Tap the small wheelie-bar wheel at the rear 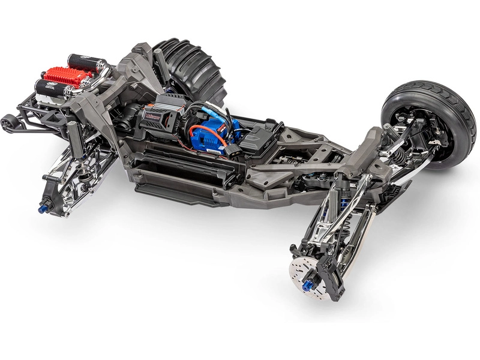8,123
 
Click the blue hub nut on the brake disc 308,283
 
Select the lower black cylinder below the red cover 51,89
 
